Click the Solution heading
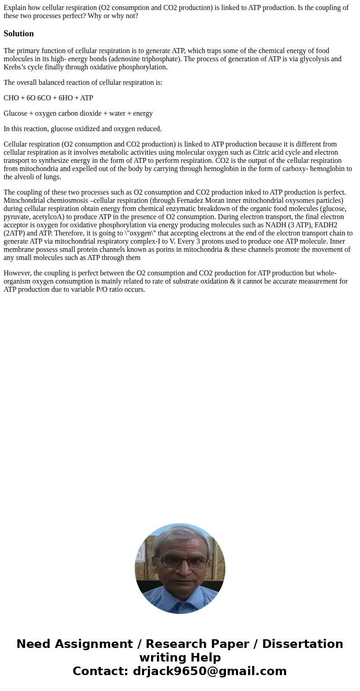click(x=19, y=34)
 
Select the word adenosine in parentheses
click(x=126, y=59)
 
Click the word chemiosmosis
click(x=67, y=201)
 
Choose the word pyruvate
click(x=17, y=217)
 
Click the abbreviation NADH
click(x=275, y=225)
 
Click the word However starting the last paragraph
click(x=17, y=273)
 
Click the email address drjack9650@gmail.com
click(x=209, y=671)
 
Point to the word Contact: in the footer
click(x=101, y=671)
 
